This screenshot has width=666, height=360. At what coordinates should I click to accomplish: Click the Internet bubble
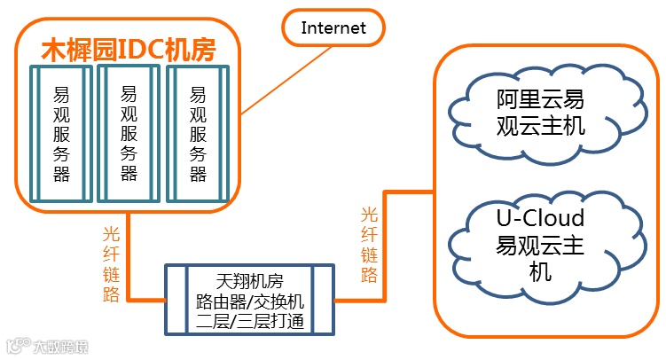point(333,27)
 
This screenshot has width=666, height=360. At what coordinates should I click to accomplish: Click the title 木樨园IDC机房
point(129,49)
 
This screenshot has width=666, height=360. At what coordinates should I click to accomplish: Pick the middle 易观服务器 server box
point(129,133)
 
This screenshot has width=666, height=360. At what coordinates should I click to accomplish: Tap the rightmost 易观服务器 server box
point(198,133)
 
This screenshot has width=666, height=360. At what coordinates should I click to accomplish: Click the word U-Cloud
point(540,218)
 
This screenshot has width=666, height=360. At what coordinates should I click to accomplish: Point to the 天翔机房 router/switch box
point(248,299)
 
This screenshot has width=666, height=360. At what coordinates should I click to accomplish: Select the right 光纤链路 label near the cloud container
point(369,245)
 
